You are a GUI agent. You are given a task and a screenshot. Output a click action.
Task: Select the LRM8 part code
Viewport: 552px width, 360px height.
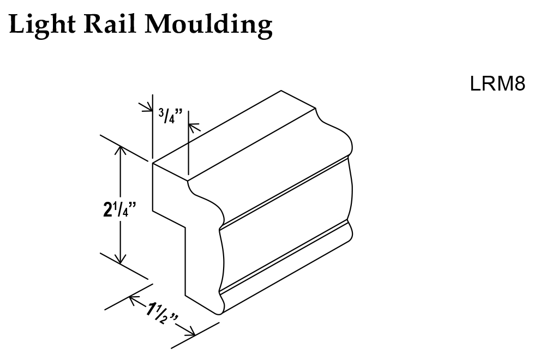[497, 85]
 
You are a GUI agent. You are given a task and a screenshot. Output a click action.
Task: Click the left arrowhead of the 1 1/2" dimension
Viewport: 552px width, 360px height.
[134, 299]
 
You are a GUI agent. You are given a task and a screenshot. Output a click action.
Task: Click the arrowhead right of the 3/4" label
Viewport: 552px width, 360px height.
[193, 127]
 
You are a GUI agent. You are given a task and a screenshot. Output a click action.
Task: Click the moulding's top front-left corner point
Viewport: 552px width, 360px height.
[152, 163]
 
